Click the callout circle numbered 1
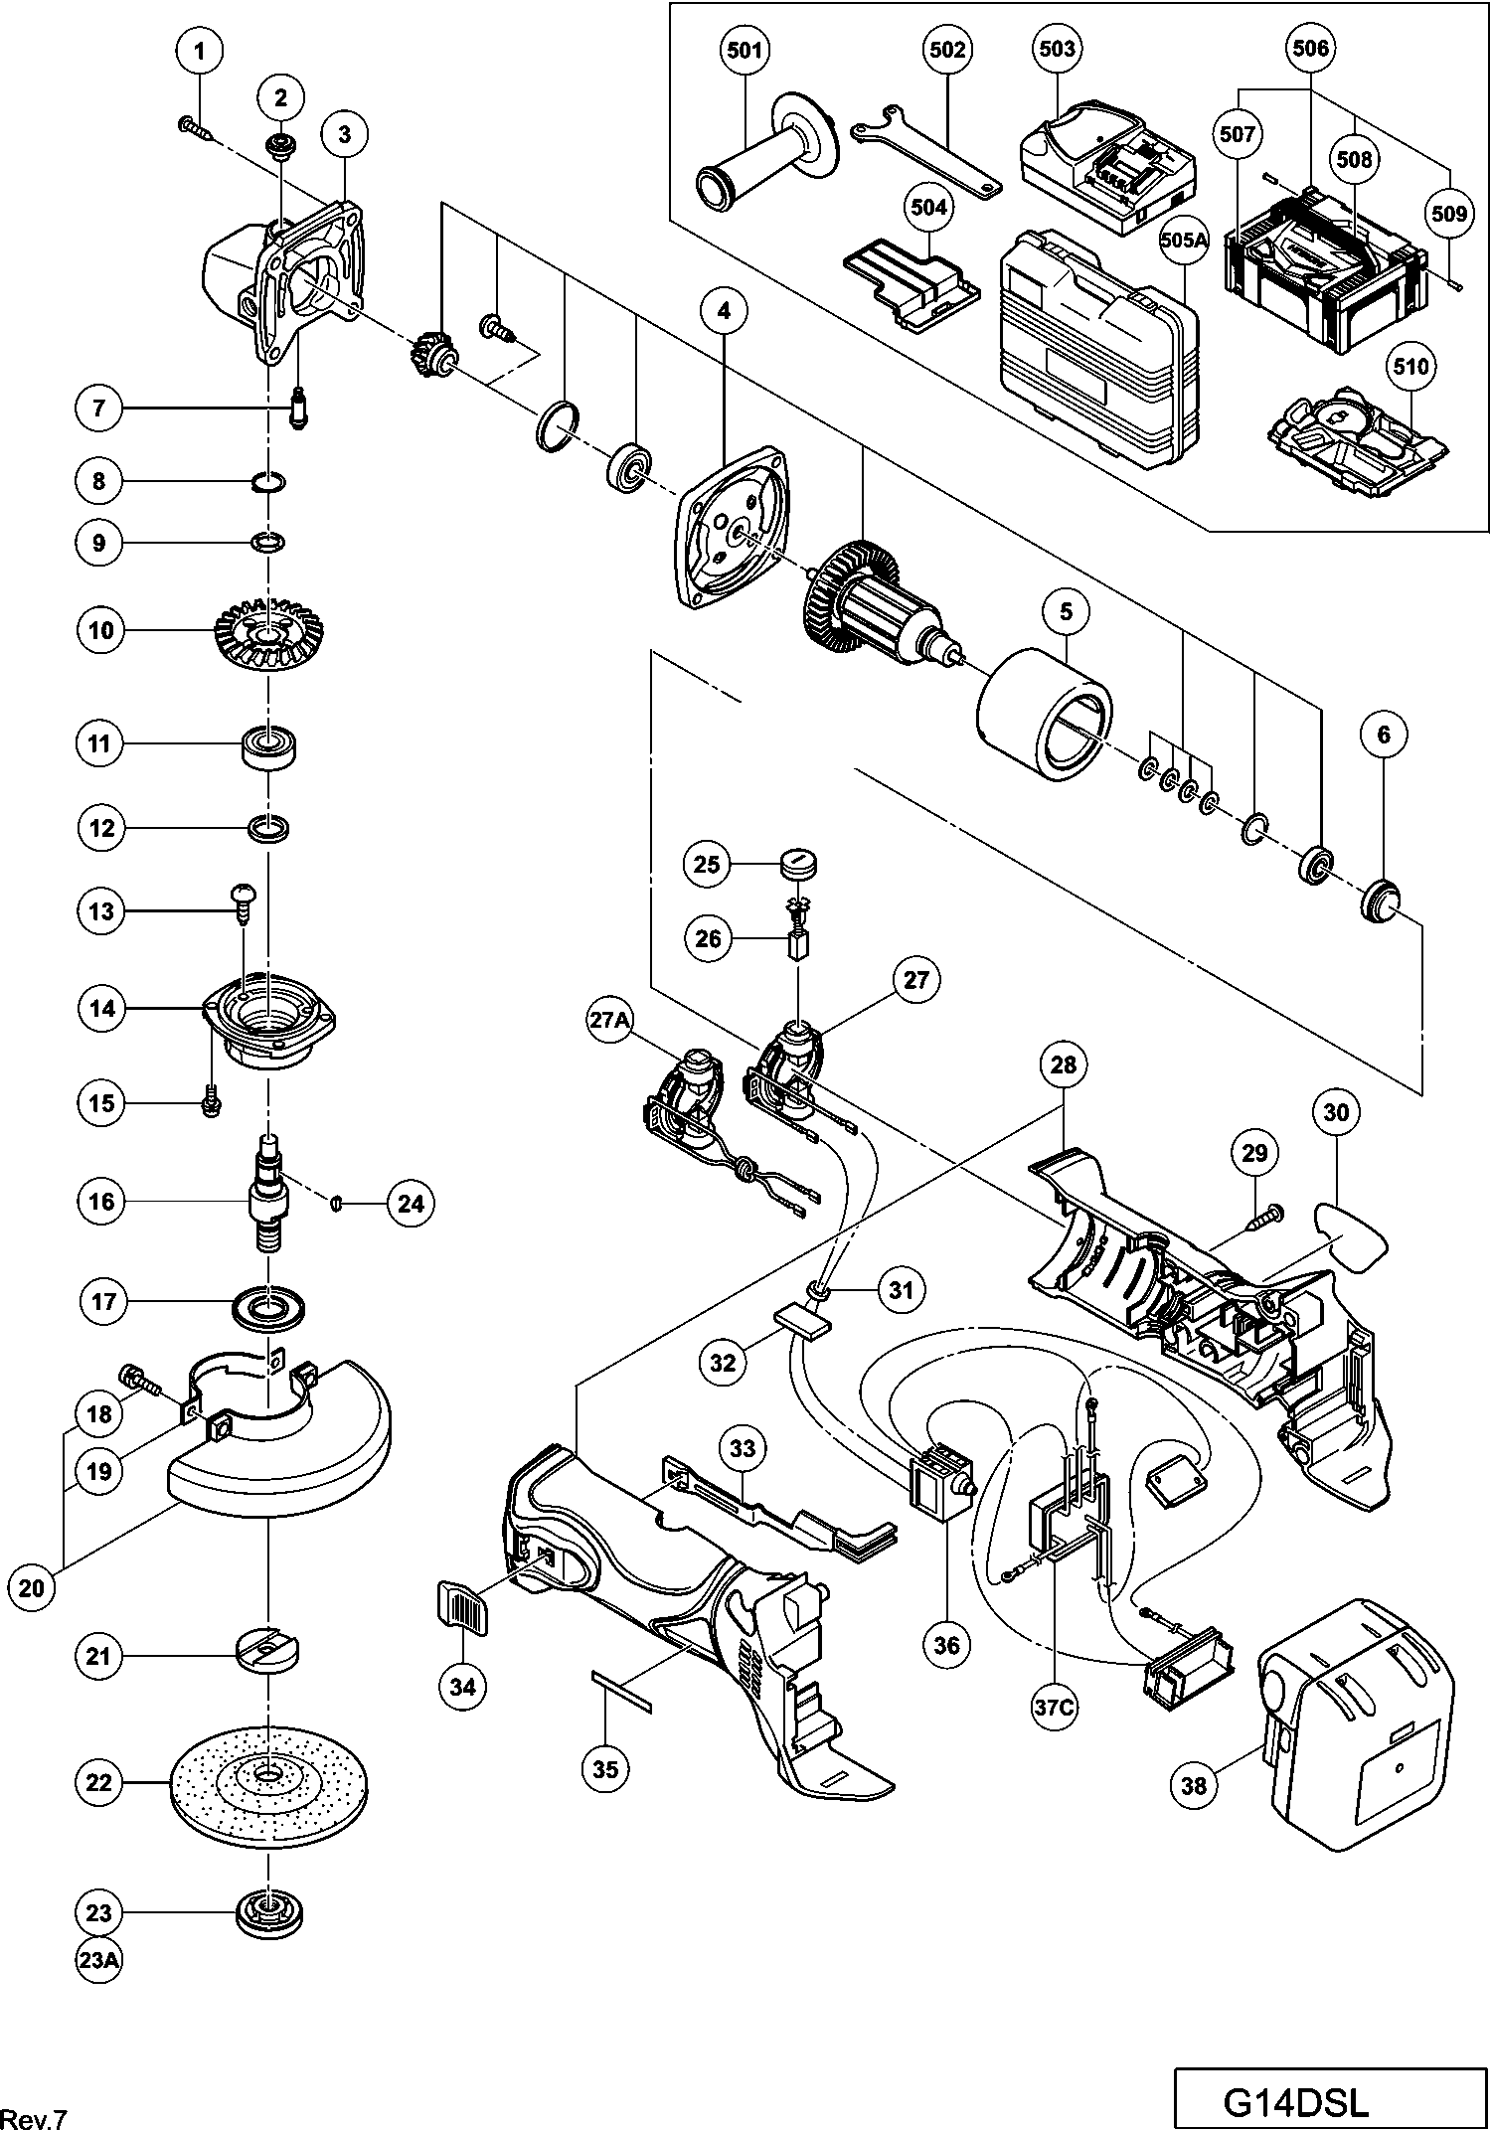coord(200,51)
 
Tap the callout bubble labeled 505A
coord(1183,240)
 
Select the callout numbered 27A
coord(609,1024)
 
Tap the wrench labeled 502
coord(924,149)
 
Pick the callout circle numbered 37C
coord(1054,1708)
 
